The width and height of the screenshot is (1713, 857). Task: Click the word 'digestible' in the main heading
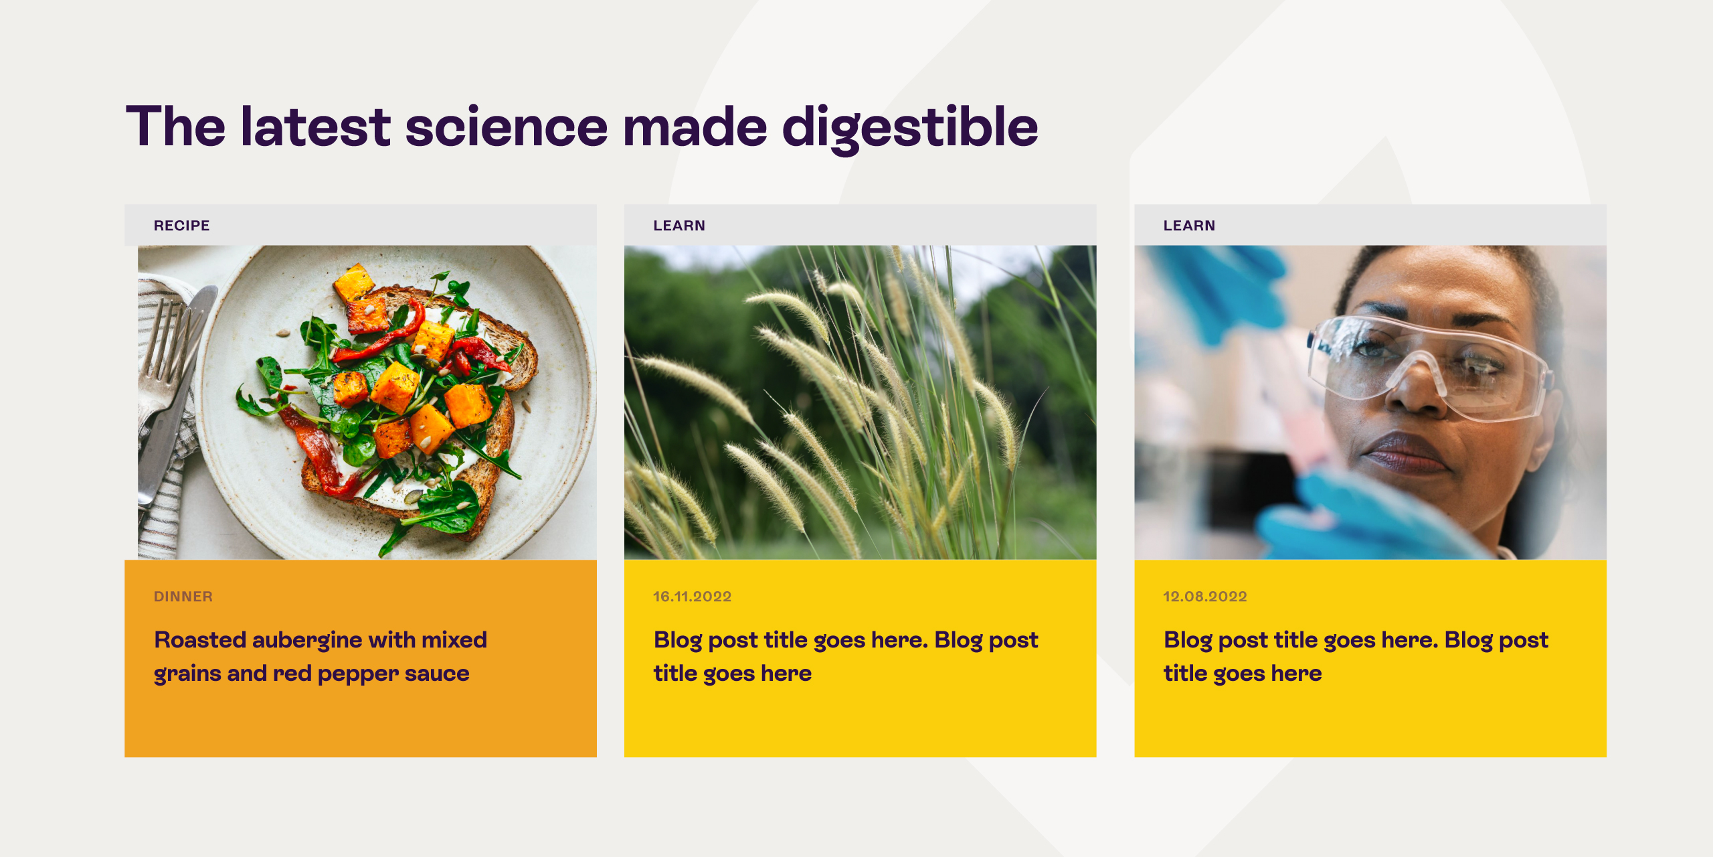pyautogui.click(x=910, y=127)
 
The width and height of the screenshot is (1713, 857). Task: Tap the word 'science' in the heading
pyautogui.click(x=507, y=127)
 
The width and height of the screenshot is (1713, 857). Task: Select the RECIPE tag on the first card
pyautogui.click(x=181, y=226)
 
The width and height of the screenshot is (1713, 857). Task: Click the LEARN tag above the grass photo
pyautogui.click(x=679, y=226)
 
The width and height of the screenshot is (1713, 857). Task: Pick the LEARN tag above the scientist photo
pyautogui.click(x=1189, y=226)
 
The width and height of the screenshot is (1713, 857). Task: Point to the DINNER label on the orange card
pyautogui.click(x=183, y=597)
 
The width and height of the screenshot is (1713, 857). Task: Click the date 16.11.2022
pyautogui.click(x=692, y=597)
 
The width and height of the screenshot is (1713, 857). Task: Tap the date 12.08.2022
pyautogui.click(x=1204, y=597)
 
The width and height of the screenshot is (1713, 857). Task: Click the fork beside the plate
pyautogui.click(x=161, y=355)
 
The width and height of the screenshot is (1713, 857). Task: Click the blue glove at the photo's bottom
pyautogui.click(x=1352, y=516)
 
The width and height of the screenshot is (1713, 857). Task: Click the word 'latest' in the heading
pyautogui.click(x=315, y=127)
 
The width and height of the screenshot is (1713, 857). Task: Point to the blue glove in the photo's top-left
pyautogui.click(x=1218, y=288)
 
